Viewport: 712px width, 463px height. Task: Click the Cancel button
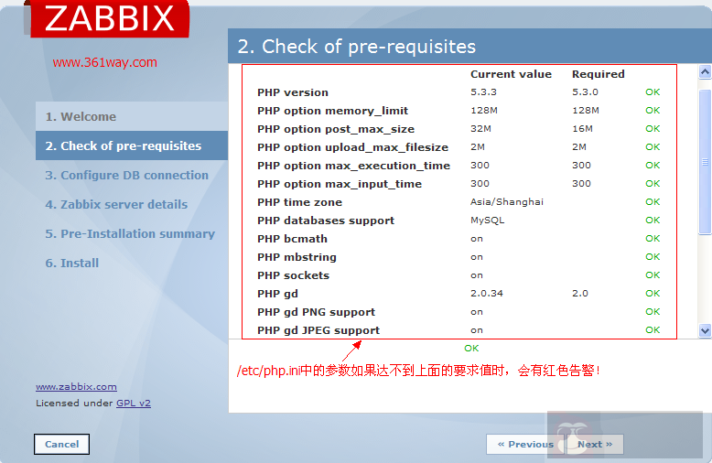tap(61, 444)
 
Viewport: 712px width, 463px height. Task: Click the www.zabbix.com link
tap(76, 386)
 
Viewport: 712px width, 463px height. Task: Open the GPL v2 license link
tap(134, 403)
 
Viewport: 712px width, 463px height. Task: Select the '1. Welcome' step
tap(81, 116)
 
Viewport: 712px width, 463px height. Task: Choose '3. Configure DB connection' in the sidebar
tap(127, 175)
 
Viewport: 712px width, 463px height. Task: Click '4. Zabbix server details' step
tap(116, 204)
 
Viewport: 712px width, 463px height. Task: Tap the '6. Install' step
tap(72, 263)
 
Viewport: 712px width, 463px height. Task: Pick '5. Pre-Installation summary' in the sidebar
tap(130, 233)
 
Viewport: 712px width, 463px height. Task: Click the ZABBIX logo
tap(110, 18)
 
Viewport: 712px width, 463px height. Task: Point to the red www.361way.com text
tap(104, 62)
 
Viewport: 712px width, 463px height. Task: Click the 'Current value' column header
tap(511, 74)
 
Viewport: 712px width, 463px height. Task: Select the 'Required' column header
tap(598, 74)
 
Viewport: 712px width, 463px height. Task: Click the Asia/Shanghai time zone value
tap(506, 202)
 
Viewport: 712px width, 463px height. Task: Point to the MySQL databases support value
tap(487, 221)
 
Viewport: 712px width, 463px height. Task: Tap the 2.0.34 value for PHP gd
tap(486, 294)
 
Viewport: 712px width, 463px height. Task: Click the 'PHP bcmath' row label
tap(292, 239)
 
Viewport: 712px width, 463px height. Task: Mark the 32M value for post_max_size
tap(480, 129)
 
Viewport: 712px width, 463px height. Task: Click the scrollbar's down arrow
tap(705, 329)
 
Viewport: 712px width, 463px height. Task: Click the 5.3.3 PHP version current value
tap(483, 92)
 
